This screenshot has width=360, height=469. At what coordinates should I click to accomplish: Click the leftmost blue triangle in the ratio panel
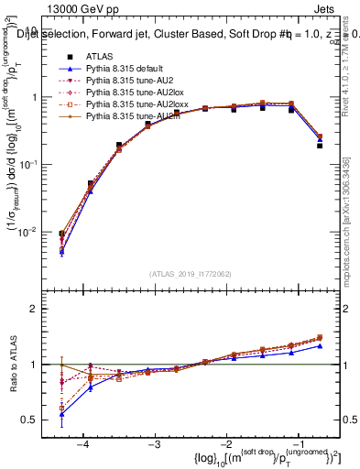tap(61, 414)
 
